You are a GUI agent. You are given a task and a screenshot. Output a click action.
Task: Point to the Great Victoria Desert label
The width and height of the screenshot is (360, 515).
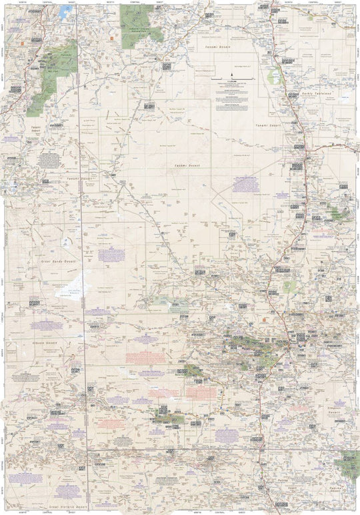66,507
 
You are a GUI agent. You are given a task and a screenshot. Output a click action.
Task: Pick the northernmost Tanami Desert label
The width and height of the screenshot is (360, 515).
220,49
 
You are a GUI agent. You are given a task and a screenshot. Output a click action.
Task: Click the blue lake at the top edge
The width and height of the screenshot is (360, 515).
64,11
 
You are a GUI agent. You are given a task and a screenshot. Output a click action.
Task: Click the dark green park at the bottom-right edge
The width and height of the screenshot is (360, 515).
349,461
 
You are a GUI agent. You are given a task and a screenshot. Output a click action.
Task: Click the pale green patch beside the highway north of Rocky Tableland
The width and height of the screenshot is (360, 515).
274,77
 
